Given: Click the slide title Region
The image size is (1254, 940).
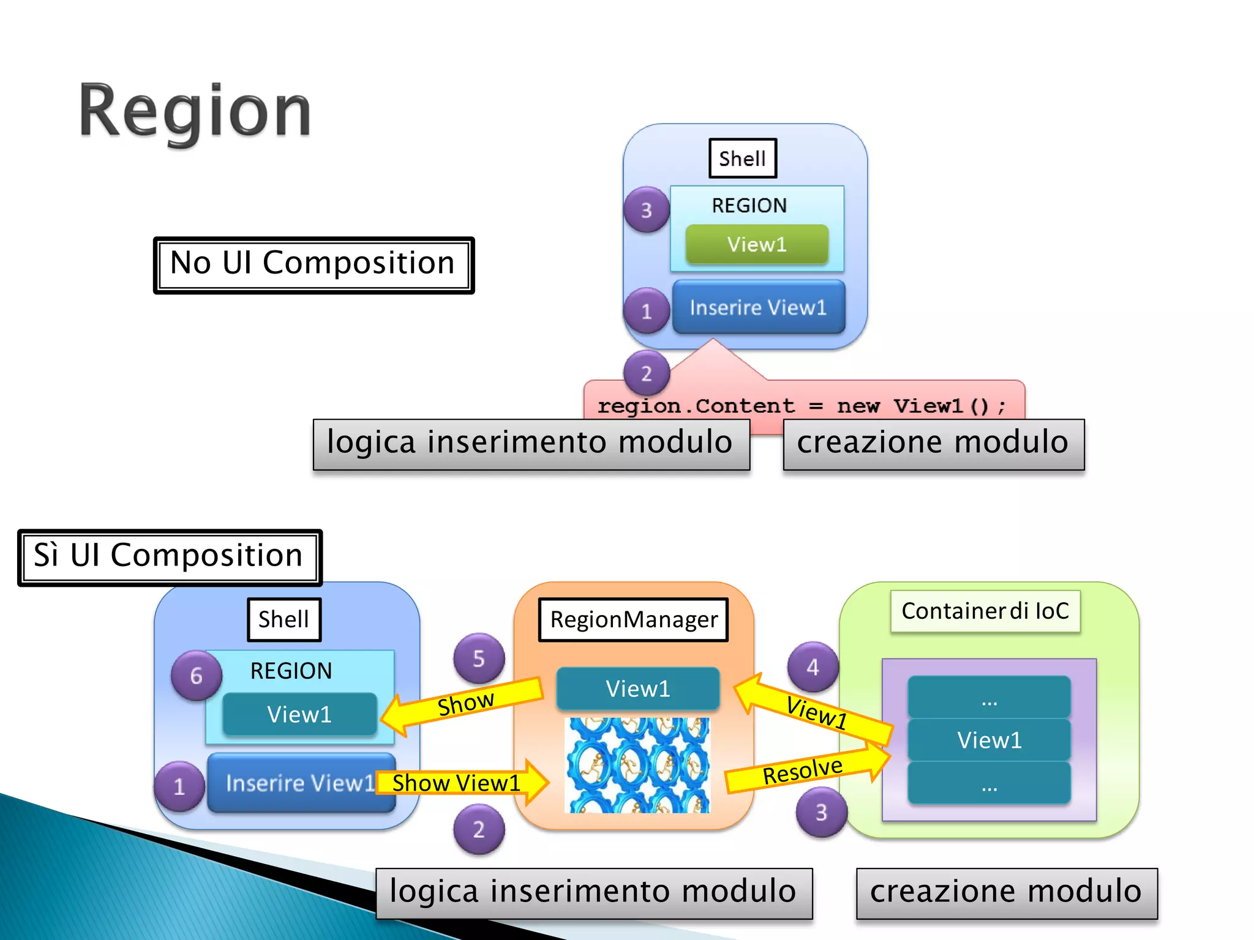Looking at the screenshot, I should [195, 112].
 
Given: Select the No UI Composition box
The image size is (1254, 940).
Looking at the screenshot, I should [313, 264].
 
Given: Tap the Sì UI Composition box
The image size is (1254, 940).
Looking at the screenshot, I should [170, 557].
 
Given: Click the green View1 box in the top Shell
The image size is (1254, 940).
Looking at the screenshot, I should [757, 244].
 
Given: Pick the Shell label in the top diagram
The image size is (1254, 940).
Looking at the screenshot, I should [742, 159].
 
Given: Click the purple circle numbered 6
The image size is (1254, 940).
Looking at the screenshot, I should [196, 676].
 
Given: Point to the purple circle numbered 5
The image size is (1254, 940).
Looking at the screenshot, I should [479, 658].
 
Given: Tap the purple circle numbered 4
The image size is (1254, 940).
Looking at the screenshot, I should [813, 666].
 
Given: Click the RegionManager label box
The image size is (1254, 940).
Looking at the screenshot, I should [633, 619].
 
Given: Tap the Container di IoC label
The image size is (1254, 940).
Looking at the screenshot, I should [985, 611].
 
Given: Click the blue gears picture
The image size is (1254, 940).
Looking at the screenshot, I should [637, 765].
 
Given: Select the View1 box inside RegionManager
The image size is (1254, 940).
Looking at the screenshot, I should [637, 688].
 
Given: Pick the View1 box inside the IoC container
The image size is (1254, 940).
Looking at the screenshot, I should [989, 740].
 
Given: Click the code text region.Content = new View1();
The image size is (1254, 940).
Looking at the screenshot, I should [802, 406].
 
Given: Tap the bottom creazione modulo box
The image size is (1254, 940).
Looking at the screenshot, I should [1006, 892].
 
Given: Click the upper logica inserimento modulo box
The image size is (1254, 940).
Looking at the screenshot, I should [530, 444].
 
